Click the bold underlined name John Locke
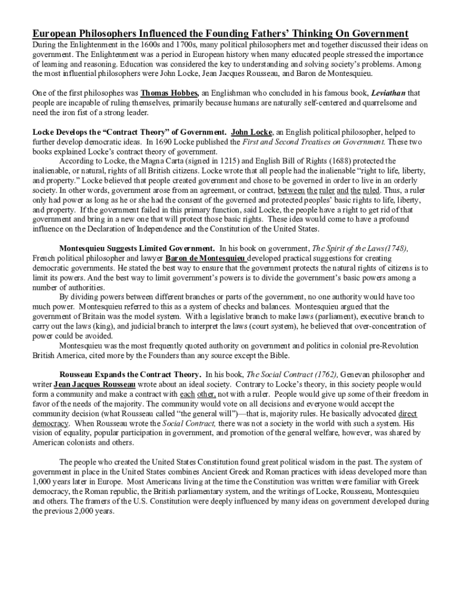click(x=252, y=132)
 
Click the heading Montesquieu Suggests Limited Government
click(x=137, y=248)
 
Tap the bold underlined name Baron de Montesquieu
click(x=205, y=258)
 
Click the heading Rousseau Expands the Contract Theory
click(x=130, y=375)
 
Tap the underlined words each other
click(x=198, y=394)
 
